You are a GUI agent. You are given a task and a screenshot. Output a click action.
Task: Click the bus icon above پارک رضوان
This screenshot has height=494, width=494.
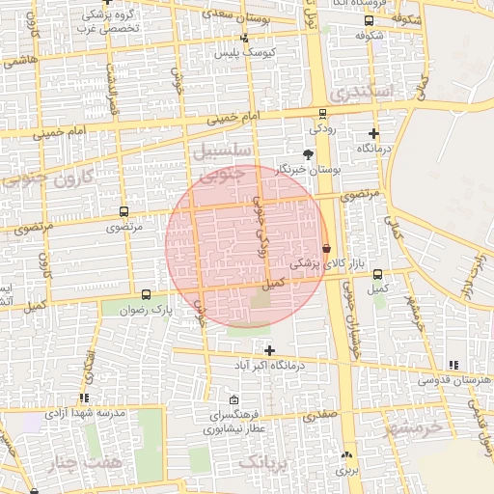tap(146, 294)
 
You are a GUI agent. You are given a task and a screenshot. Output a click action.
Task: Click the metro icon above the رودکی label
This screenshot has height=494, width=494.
tap(316, 112)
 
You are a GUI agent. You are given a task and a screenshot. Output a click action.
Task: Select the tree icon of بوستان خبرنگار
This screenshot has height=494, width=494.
tap(308, 153)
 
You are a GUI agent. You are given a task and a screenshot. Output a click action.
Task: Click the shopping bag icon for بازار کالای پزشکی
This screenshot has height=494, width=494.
tap(326, 248)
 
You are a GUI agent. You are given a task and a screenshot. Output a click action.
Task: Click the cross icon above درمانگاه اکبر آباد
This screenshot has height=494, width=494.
tap(269, 350)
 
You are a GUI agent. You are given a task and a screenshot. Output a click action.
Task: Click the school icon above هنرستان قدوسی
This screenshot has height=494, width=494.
tap(453, 365)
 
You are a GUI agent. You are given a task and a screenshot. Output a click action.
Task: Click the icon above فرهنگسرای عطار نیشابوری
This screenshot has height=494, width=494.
tap(233, 399)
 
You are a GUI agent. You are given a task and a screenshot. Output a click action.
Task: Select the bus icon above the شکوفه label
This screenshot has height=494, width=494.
tap(369, 20)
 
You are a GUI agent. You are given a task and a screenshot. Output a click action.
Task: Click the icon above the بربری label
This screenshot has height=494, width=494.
tap(346, 454)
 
